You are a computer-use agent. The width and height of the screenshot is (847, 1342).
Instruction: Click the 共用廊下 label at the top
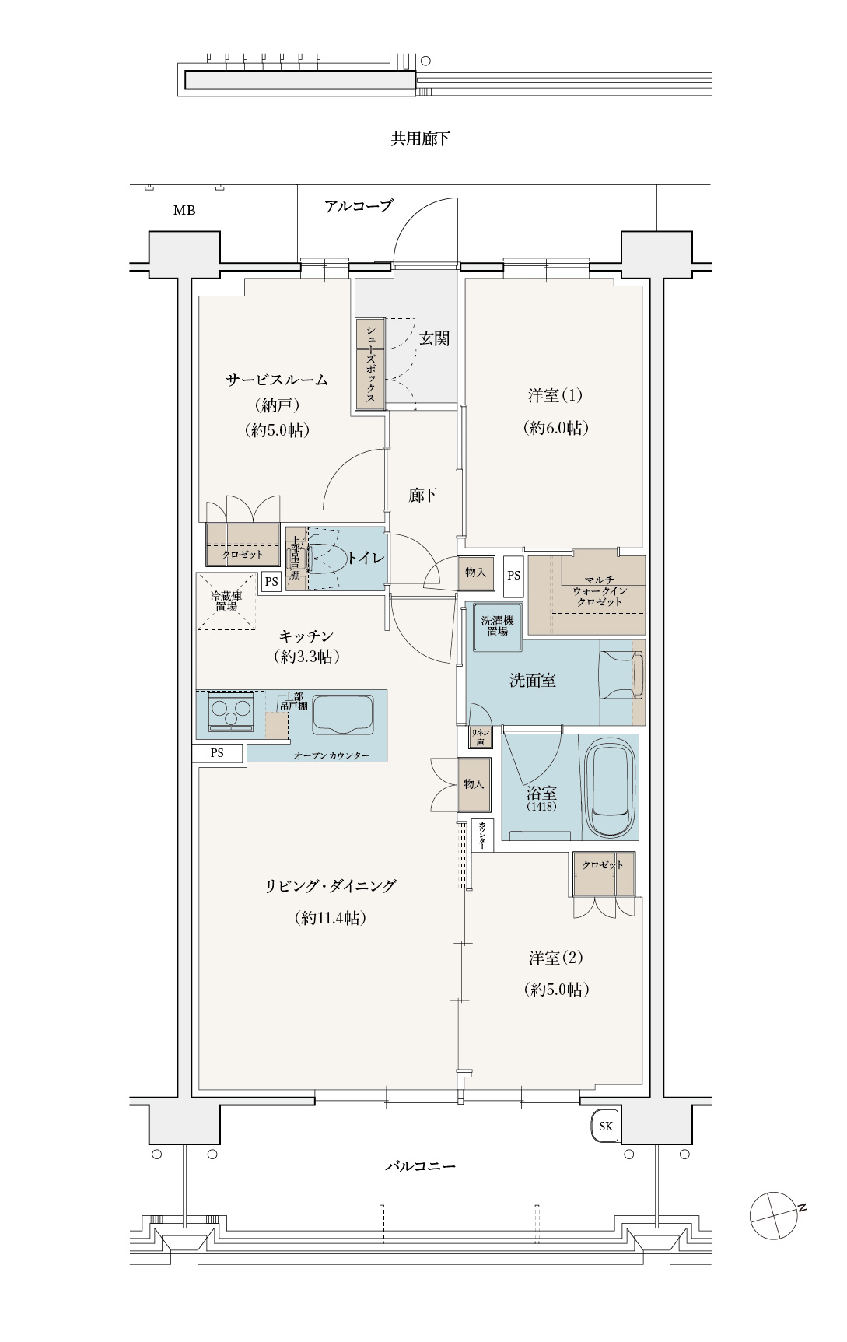(420, 139)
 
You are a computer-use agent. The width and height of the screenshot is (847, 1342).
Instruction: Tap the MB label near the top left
(184, 210)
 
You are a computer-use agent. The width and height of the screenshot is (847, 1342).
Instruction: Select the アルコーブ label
(359, 206)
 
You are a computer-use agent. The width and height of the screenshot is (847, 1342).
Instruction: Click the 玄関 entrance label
(434, 338)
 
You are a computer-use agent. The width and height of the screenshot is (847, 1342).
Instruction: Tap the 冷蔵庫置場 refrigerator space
(226, 601)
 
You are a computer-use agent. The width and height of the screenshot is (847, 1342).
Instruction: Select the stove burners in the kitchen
(231, 710)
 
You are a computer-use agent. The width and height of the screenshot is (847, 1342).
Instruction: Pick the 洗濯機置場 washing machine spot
(497, 626)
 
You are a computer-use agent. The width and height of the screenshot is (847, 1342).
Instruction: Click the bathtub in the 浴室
(611, 789)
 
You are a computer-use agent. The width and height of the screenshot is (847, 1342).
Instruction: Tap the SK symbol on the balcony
(606, 1126)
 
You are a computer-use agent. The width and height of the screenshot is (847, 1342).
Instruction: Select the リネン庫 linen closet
(480, 737)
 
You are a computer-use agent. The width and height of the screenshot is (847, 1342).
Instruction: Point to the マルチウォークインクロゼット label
(599, 591)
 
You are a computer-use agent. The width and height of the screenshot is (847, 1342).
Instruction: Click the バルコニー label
(420, 1166)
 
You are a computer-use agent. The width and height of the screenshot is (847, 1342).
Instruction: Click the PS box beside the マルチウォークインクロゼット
(513, 576)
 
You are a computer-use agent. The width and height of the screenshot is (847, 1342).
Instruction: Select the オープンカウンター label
(332, 755)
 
